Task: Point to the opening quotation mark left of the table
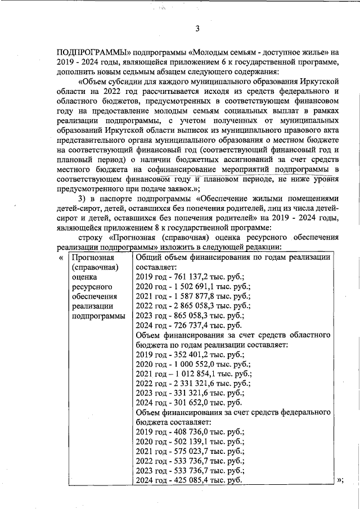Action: [x=61, y=257]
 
